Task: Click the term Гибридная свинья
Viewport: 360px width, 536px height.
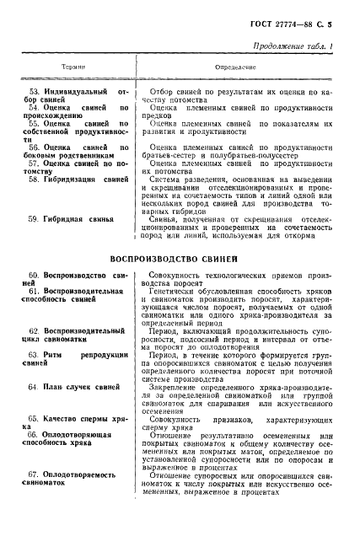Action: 80,219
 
